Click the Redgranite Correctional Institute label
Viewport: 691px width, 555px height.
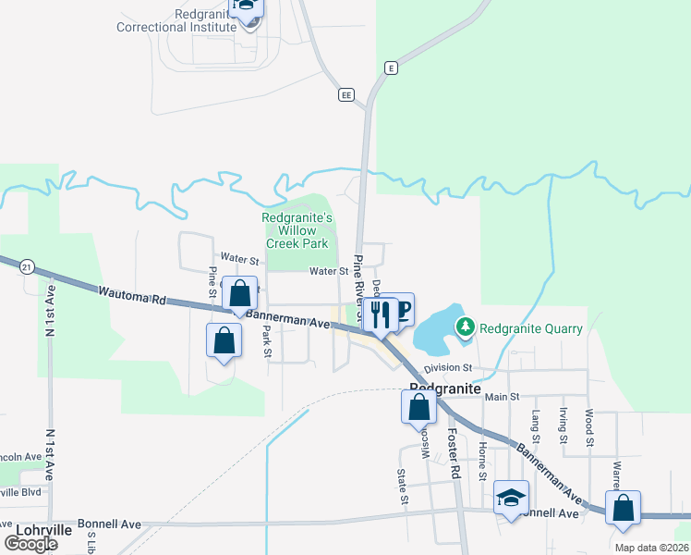(x=177, y=20)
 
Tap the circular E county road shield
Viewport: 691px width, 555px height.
(x=392, y=68)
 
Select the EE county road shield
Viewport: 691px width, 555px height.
(x=346, y=94)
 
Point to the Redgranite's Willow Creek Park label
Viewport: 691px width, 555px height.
(x=297, y=230)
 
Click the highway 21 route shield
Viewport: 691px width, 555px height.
(x=27, y=266)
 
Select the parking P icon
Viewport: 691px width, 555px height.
(x=401, y=310)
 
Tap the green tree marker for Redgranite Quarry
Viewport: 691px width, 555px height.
(x=467, y=327)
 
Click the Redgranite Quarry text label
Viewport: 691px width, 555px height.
(x=531, y=328)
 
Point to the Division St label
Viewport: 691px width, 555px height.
(x=448, y=367)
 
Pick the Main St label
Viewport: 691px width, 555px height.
(x=503, y=397)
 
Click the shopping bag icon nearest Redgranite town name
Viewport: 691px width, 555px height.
(x=418, y=406)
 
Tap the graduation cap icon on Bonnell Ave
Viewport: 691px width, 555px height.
(x=511, y=498)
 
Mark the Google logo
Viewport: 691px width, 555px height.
(x=31, y=544)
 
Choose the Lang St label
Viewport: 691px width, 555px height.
(x=535, y=425)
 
